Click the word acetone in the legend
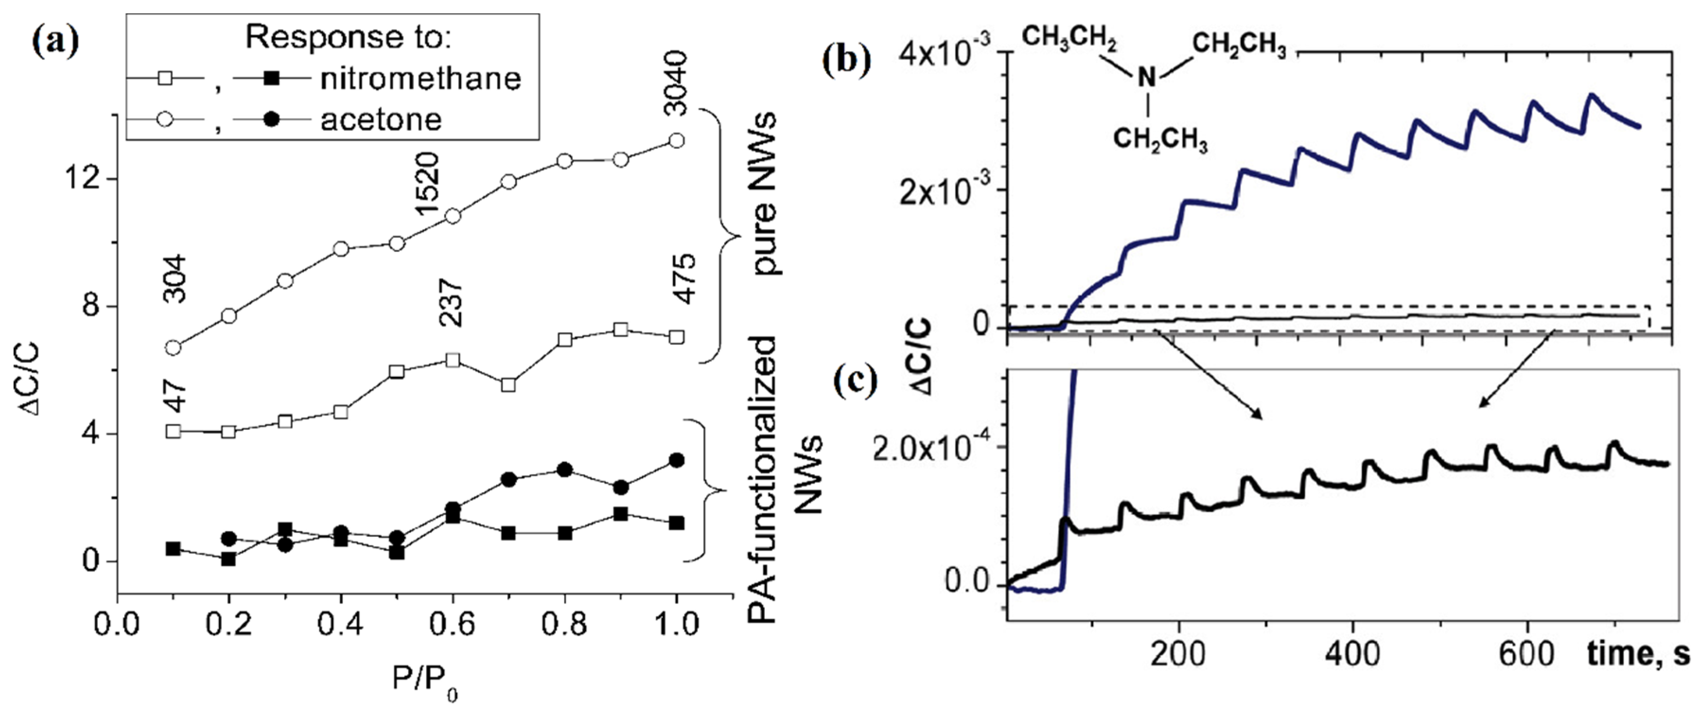[x=381, y=120]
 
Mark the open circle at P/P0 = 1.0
[x=676, y=140]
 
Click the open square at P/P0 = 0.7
[x=509, y=384]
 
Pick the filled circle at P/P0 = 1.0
[x=676, y=460]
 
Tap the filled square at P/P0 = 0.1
[x=173, y=549]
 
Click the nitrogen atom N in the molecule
[x=1147, y=79]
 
